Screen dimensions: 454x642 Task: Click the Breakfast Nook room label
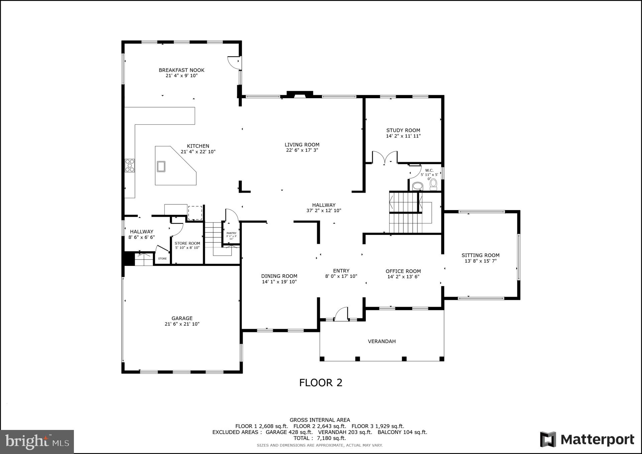[x=181, y=70]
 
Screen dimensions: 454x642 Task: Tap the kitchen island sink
[x=161, y=166]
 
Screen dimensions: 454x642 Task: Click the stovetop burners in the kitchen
[x=130, y=166]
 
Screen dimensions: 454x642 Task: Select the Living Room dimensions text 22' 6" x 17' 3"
[x=302, y=150]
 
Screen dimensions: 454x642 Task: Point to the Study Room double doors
[x=385, y=158]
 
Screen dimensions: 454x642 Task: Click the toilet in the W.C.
[x=433, y=184]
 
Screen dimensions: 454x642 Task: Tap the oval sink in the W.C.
[x=417, y=186]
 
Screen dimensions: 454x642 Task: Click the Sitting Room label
[x=480, y=255]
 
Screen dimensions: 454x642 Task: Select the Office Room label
[x=403, y=271]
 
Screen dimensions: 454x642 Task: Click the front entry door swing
[x=341, y=314]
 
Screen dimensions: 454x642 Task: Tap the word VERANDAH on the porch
[x=382, y=341]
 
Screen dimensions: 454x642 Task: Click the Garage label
[x=182, y=318]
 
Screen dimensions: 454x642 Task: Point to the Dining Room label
[x=279, y=276]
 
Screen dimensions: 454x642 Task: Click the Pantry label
[x=231, y=233]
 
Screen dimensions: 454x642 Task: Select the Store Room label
[x=187, y=244]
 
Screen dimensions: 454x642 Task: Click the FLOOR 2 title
[x=321, y=383]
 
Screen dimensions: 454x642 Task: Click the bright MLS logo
[x=37, y=442]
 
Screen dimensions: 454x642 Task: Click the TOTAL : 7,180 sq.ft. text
[x=319, y=438]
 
